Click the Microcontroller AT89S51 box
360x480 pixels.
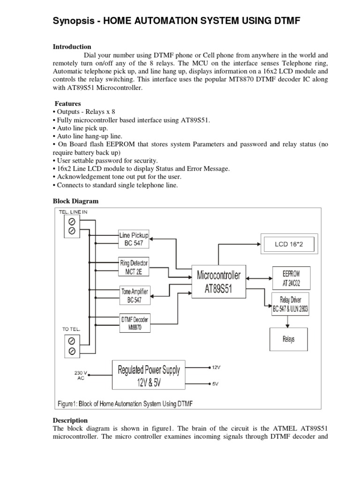pos(219,282)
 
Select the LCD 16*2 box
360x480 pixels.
pos(289,244)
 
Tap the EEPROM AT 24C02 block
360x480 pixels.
pos(291,278)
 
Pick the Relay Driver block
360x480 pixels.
pos(291,304)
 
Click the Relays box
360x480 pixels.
pos(289,339)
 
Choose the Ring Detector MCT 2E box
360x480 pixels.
pos(134,267)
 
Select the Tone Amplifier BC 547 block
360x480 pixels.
pos(134,295)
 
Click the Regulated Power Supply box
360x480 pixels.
pos(149,375)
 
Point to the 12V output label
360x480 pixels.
pos(216,367)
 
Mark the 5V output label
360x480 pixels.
pos(215,384)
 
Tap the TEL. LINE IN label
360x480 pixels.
pos(73,212)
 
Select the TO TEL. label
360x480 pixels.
pos(71,330)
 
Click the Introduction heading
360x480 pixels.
pos(72,47)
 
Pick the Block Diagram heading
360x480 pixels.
pos(75,201)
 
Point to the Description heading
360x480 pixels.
pos(70,420)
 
